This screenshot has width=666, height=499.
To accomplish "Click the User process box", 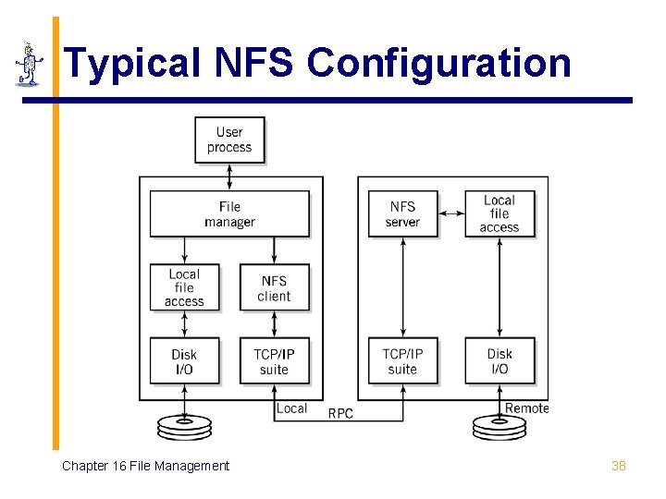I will [x=229, y=140].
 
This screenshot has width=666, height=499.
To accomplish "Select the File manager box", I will [x=229, y=214].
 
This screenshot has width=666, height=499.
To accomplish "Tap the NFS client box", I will [x=274, y=288].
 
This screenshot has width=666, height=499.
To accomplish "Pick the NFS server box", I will [x=402, y=214].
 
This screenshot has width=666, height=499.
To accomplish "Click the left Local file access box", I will [x=184, y=288].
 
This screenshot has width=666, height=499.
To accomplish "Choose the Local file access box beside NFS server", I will [x=499, y=213].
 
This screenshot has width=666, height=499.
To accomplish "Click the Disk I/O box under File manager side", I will [x=184, y=361].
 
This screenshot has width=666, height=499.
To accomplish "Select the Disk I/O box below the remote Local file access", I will [x=499, y=361].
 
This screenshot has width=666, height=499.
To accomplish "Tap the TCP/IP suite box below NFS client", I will [x=274, y=361].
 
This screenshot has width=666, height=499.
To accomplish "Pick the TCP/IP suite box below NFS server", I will [x=402, y=361].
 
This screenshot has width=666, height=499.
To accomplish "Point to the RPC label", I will [x=340, y=413].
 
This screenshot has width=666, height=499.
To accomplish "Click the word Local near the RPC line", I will [x=291, y=408].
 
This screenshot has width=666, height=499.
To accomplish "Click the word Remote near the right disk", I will [x=526, y=408].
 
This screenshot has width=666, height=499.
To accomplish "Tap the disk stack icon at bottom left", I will [x=184, y=427].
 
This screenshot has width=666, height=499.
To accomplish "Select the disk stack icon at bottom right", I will [x=499, y=427].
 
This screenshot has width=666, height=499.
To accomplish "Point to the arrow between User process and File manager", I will [x=229, y=176].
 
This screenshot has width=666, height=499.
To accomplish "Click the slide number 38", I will [x=619, y=466].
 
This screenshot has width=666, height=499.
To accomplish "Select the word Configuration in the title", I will [x=438, y=64].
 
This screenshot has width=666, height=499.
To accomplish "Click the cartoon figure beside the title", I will [x=30, y=64].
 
